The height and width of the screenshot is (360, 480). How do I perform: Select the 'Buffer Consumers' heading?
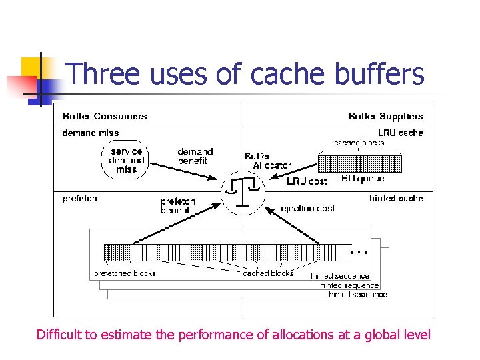pos(105,116)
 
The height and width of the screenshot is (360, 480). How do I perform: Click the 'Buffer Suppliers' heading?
pos(385,116)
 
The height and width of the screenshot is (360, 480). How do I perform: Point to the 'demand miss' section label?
pos(91,133)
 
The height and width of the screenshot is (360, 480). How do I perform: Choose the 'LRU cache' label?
pos(401,133)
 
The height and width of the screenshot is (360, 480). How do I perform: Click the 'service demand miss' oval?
pos(126,160)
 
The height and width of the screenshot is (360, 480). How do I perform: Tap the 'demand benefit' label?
pos(195,156)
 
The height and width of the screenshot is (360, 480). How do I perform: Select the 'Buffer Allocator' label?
pos(267,161)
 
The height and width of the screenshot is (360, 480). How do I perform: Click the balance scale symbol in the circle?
pos(243,192)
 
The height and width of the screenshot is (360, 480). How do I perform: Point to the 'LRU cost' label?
pos(307,181)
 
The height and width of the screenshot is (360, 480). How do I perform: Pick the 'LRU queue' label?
pos(360,179)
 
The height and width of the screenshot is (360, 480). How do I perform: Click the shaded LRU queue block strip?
pos(360,163)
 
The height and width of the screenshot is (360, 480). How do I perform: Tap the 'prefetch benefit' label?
pos(177,205)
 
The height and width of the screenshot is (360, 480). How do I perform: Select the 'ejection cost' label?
pos(307,209)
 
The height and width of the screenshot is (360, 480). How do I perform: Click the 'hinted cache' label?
pos(396,198)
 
